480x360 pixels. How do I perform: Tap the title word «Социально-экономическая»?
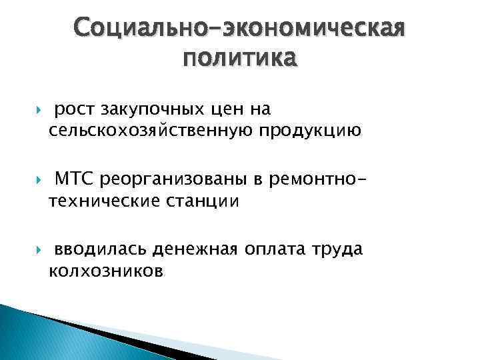[240, 29]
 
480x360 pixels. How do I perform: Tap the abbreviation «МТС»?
[75, 179]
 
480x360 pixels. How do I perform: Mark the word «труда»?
[339, 250]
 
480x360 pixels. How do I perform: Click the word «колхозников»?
[105, 271]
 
